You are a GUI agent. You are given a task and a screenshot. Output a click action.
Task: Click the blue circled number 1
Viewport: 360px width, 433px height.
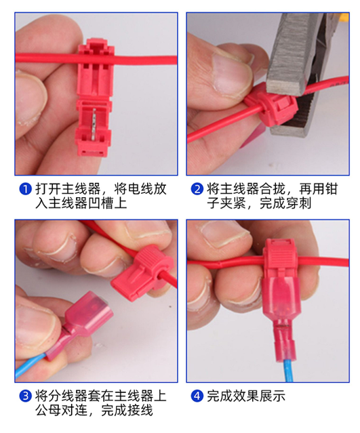pyautogui.click(x=25, y=189)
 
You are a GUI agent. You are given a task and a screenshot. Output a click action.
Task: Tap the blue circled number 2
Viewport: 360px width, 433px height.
pyautogui.click(x=197, y=189)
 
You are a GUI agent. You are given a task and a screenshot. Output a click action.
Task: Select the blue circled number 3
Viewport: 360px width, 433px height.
pyautogui.click(x=25, y=396)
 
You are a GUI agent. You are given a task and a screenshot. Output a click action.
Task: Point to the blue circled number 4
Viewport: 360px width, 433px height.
pyautogui.click(x=197, y=396)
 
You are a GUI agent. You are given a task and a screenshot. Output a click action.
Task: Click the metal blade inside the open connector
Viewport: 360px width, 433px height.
pyautogui.click(x=94, y=123)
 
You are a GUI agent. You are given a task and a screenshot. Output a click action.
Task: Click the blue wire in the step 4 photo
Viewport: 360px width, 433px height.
pyautogui.click(x=288, y=369)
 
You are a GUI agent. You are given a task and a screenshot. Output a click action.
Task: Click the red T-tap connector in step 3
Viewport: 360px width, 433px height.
pyautogui.click(x=143, y=273)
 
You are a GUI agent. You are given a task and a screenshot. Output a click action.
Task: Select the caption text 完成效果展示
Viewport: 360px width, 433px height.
pyautogui.click(x=246, y=396)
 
